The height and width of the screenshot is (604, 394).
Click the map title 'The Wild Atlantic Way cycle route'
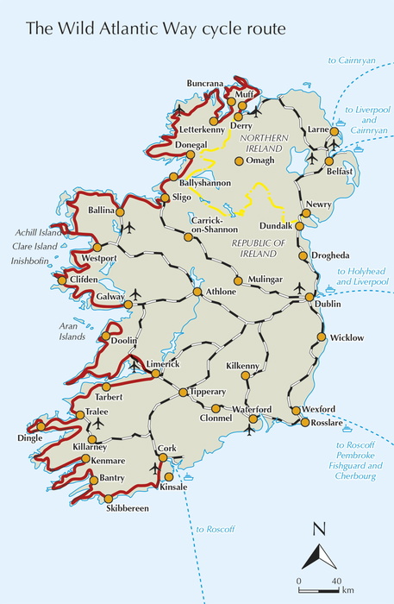(x=156, y=29)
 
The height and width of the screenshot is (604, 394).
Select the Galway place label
(x=109, y=297)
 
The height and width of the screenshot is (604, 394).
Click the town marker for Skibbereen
(x=109, y=499)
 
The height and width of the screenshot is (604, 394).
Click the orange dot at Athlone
(x=197, y=292)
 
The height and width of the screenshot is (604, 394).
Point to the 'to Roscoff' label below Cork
(x=211, y=529)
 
